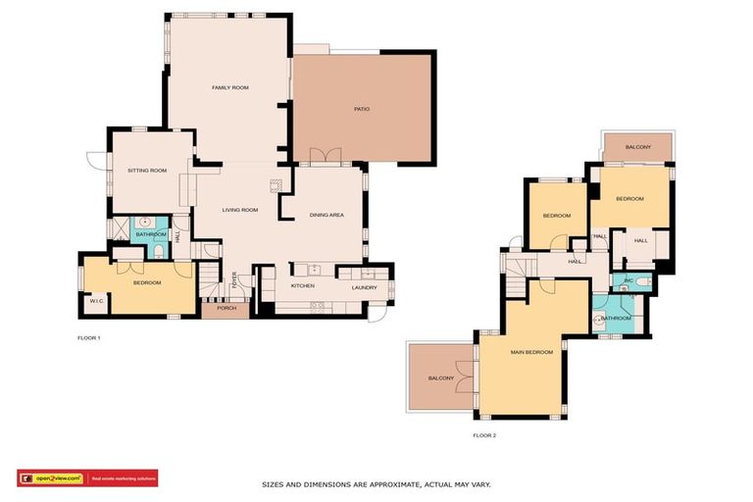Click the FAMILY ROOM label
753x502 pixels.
click(230, 88)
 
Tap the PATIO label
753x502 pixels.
click(362, 109)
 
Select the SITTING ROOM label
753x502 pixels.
click(147, 171)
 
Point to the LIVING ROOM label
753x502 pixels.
click(239, 210)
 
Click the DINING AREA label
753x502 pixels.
click(326, 215)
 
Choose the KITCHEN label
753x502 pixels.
click(302, 286)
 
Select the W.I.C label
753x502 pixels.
click(96, 301)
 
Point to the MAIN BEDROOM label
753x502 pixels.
click(531, 352)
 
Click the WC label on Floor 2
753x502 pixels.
click(628, 282)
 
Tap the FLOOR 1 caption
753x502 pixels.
click(89, 338)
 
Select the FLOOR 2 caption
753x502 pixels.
click(484, 435)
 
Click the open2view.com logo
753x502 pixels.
click(52, 478)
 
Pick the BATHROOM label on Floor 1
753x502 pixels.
click(151, 235)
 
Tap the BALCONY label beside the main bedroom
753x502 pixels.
click(440, 378)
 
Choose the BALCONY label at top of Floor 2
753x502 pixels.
click(637, 147)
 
